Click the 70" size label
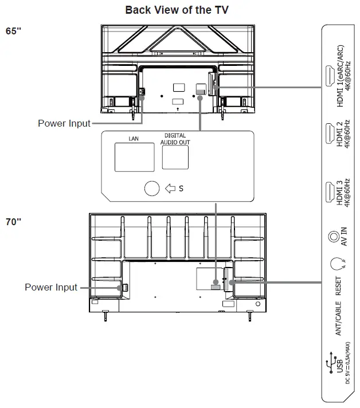[x=14, y=222]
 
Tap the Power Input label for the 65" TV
[x=64, y=123]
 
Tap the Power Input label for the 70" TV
[x=51, y=287]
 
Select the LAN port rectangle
[x=134, y=156]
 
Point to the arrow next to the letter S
[x=170, y=188]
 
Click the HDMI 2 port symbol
[x=330, y=134]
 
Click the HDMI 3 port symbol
[x=330, y=191]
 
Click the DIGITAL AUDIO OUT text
[x=175, y=139]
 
